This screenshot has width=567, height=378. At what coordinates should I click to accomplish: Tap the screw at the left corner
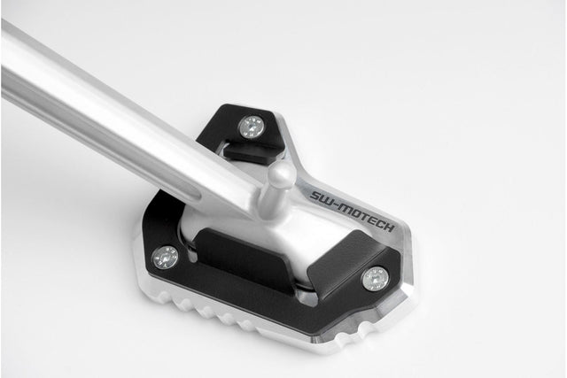click(x=165, y=258)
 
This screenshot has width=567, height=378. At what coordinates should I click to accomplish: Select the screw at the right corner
click(x=375, y=279)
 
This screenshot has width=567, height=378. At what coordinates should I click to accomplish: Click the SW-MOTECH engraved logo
click(x=353, y=212)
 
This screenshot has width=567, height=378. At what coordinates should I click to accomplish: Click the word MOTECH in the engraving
click(x=365, y=219)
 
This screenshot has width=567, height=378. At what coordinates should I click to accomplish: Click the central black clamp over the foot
click(x=248, y=262)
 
